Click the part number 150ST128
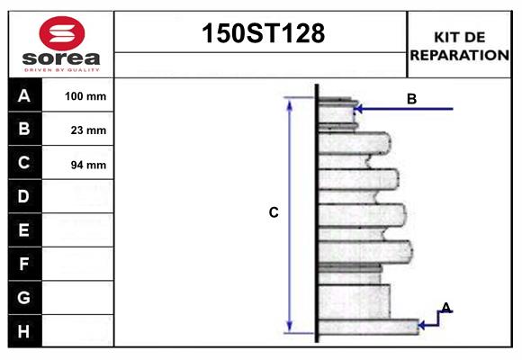(x=261, y=34)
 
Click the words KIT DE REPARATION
(x=459, y=46)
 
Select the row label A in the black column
(x=24, y=95)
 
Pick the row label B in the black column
(x=24, y=130)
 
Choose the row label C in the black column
(x=24, y=163)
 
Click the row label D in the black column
(x=24, y=196)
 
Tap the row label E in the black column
(x=24, y=230)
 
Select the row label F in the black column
(x=24, y=264)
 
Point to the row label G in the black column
(x=24, y=297)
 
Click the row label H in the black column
(x=24, y=331)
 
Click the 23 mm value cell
(x=88, y=130)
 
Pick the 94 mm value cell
(x=88, y=164)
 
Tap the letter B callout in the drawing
(x=411, y=99)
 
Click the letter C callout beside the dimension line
(x=274, y=213)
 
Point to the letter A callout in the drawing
(x=445, y=308)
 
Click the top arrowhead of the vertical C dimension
(x=290, y=103)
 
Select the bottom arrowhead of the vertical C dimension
(x=290, y=327)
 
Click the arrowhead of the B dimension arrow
(x=358, y=110)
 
